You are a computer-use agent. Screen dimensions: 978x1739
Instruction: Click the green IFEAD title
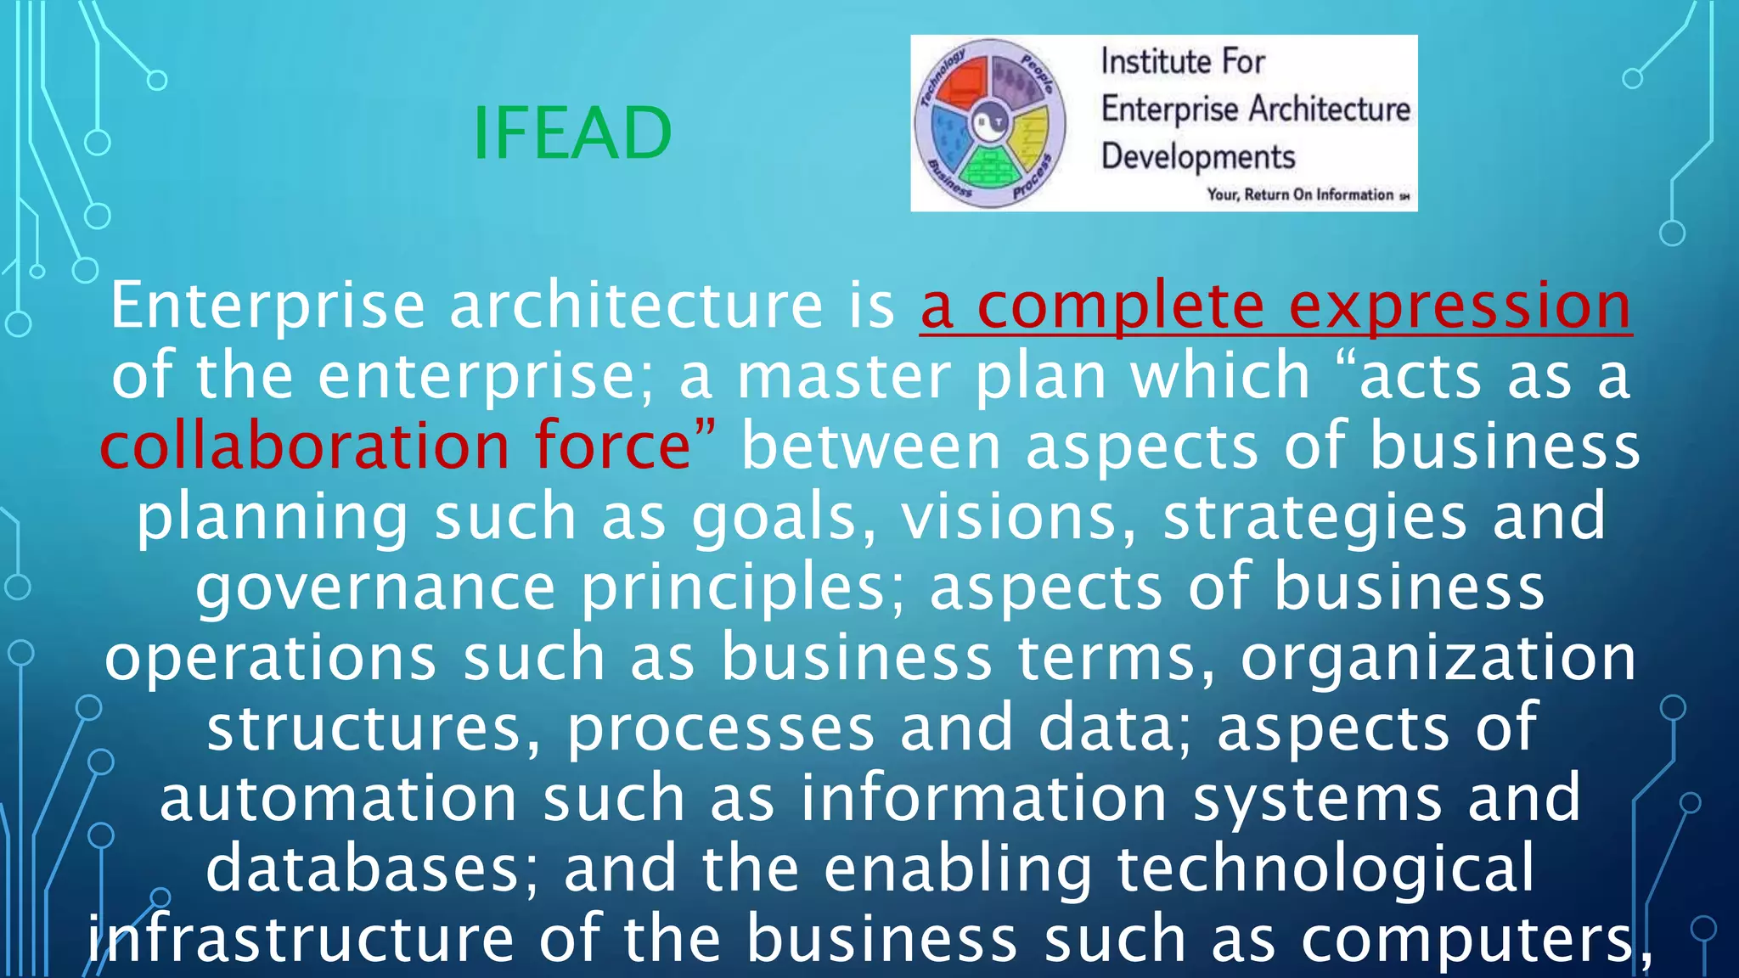(571, 133)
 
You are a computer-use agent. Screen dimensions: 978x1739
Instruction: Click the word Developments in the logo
(1198, 158)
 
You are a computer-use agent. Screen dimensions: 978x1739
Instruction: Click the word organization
(1438, 658)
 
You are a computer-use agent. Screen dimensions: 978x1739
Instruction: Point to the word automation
(338, 799)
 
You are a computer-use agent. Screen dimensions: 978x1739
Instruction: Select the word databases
(372, 869)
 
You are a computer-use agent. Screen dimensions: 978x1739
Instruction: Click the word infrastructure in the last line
(301, 939)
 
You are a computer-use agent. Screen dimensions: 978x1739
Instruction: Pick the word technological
(1325, 869)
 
